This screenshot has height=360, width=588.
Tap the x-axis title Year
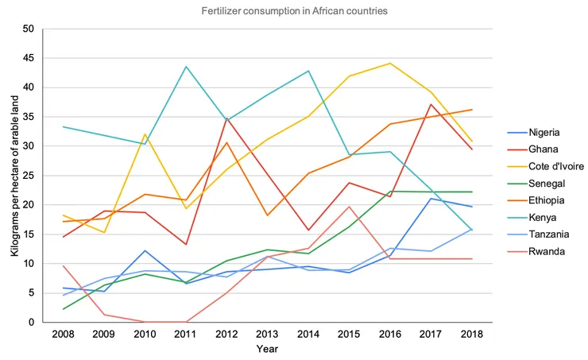tap(268, 349)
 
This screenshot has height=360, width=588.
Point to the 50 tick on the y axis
tap(29, 29)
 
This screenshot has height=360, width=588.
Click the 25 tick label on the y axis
tap(29, 176)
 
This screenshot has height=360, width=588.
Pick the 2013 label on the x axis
tap(268, 332)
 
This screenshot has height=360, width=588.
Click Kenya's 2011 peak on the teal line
tap(186, 67)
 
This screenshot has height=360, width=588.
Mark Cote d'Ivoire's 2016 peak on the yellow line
tap(391, 64)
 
